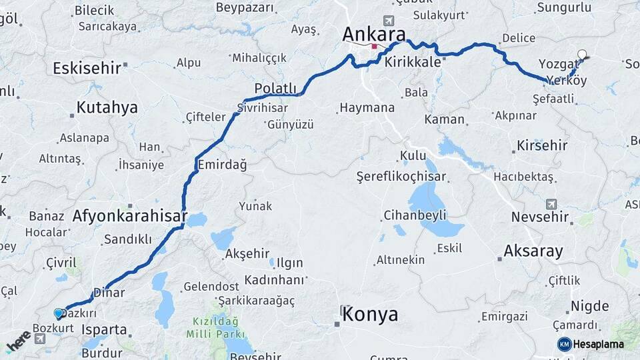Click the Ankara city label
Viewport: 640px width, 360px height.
point(374,34)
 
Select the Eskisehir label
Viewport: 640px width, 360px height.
point(87,68)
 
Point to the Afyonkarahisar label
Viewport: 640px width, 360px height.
point(129,217)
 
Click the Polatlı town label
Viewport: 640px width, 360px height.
point(275,89)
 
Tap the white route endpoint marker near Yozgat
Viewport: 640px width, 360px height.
point(582,54)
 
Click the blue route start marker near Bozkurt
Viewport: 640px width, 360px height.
point(58,312)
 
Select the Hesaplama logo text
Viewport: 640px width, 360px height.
point(598,344)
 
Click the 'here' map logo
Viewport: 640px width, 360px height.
point(19,341)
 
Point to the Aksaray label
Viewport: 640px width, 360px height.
point(533,251)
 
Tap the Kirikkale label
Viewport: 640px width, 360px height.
point(413,61)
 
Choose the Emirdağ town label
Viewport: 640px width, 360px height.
point(222,165)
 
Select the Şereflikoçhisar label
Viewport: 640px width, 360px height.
point(401,177)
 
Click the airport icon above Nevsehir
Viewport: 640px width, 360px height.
point(551,204)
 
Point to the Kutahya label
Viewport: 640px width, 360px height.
point(107,107)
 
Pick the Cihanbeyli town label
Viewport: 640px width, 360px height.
point(414,215)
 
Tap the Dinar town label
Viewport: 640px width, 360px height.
point(109,292)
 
